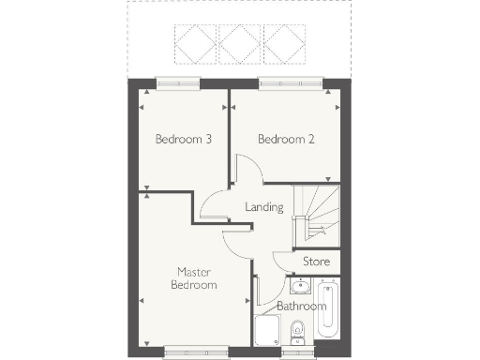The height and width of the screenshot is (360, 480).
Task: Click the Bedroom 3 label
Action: [183, 140]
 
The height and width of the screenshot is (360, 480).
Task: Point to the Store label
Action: [316, 262]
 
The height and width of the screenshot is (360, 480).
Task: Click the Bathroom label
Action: [301, 306]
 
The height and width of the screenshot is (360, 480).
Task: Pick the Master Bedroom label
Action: [196, 278]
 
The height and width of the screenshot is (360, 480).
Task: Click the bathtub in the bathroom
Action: [328, 307]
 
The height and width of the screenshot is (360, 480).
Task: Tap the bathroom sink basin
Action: [302, 286]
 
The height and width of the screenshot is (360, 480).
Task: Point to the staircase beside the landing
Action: [316, 215]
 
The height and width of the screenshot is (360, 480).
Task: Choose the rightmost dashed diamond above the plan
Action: [284, 42]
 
